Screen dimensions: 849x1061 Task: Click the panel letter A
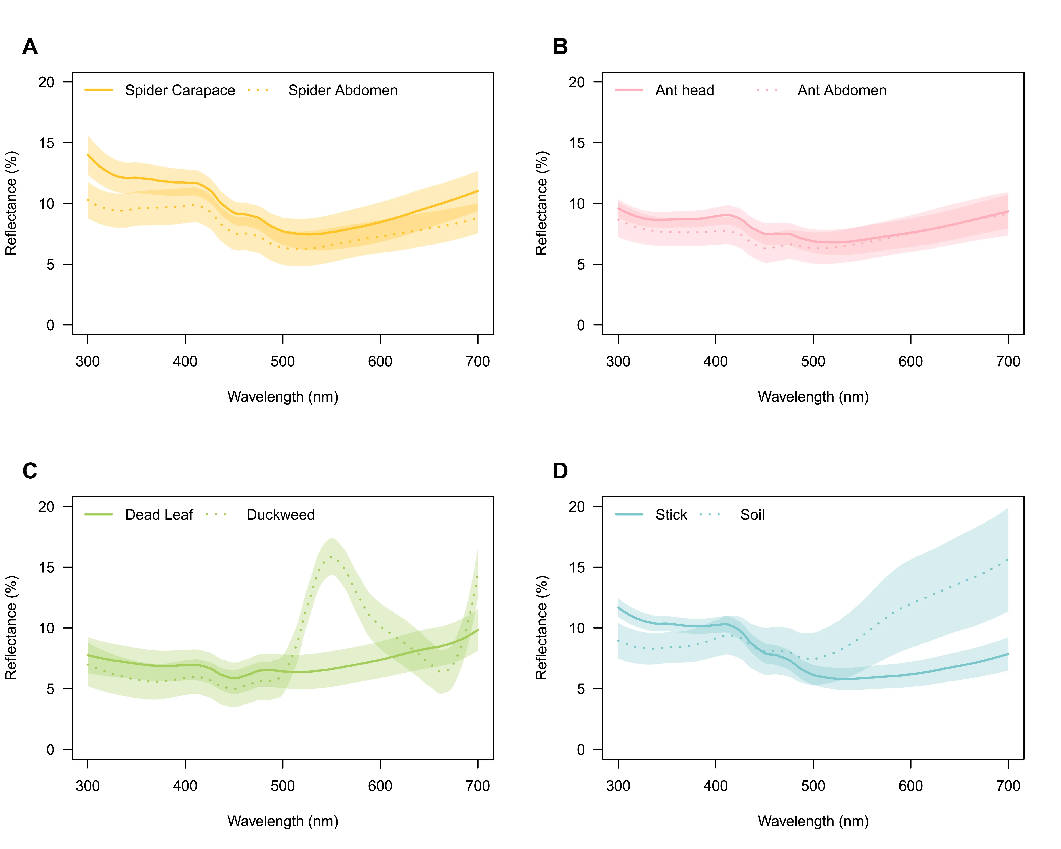coord(30,47)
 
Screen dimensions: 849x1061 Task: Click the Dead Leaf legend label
coord(159,515)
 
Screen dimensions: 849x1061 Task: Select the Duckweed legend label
coord(281,515)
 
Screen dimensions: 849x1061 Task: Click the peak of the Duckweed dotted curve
coord(331,557)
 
